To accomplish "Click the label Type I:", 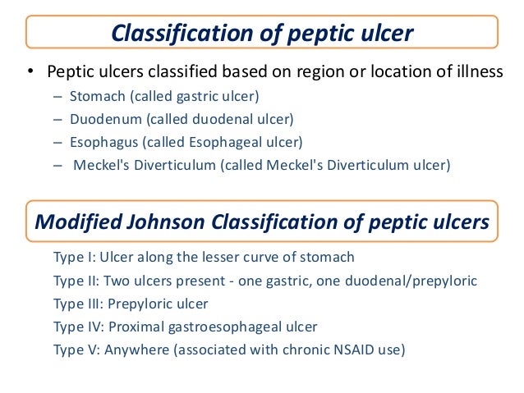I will [x=74, y=258].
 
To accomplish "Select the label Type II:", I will [x=76, y=281].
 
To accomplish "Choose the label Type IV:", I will [x=77, y=327].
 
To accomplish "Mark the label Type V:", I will [x=76, y=350].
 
